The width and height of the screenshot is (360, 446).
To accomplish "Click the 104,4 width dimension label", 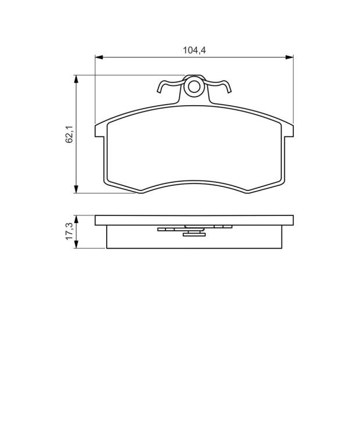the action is (x=194, y=51).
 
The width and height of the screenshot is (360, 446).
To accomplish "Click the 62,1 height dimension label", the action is (x=69, y=134).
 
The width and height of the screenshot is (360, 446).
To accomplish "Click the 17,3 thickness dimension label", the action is (x=69, y=231).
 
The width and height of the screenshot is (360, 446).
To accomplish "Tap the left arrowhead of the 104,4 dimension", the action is (x=99, y=57).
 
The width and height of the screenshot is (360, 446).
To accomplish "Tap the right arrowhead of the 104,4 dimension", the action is (x=289, y=57).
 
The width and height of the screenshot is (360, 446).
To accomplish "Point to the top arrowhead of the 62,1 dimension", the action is (x=76, y=79).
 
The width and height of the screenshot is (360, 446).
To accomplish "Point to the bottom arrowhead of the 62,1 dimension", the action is (x=76, y=189).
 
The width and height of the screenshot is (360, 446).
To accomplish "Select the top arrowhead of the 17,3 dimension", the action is (x=76, y=220).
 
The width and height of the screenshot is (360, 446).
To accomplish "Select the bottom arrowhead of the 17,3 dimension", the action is (x=76, y=244).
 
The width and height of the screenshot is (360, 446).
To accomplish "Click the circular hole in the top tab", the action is (x=194, y=87).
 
